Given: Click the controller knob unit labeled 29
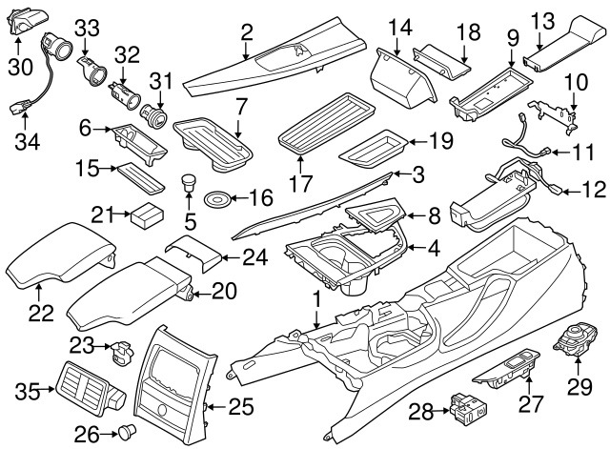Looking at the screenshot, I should point(578,344).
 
